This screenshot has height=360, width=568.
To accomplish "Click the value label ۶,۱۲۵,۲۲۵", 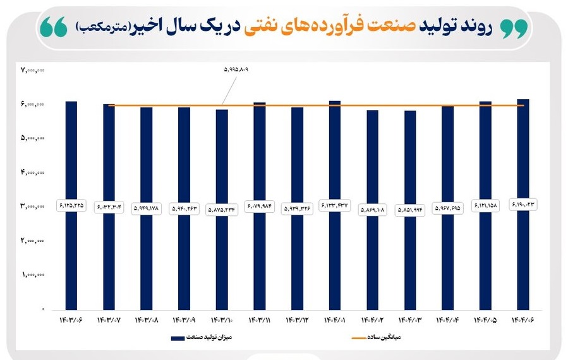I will click(71, 206).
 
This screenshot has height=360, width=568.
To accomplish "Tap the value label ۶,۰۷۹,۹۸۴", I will click(260, 205).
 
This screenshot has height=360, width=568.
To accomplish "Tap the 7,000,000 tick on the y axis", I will click(33, 69).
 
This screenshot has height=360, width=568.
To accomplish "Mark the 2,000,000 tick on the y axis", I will click(33, 241).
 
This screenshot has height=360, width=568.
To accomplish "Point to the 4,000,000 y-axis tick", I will click(33, 172).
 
